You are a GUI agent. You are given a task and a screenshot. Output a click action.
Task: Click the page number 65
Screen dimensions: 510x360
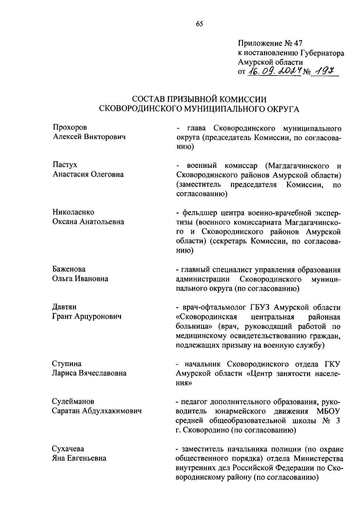tap(199, 24)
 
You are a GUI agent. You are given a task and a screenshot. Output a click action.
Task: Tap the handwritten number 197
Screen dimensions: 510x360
tap(325, 71)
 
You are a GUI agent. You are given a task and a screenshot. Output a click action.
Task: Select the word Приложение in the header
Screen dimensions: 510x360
tap(259, 43)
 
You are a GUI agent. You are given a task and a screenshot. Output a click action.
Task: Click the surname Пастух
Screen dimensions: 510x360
tap(65, 165)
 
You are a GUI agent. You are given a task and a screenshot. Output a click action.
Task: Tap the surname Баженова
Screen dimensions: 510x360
tap(69, 269)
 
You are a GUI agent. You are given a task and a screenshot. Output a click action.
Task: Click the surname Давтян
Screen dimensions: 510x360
tap(64, 307)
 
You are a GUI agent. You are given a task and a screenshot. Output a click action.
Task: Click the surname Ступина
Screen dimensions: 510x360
tap(67, 364)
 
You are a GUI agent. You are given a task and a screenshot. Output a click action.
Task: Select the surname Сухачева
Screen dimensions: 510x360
tap(68, 449)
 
